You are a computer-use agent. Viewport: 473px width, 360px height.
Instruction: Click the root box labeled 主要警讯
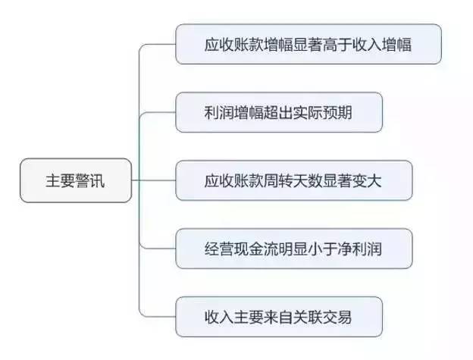(x=76, y=180)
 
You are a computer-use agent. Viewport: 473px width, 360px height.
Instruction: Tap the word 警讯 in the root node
(x=90, y=180)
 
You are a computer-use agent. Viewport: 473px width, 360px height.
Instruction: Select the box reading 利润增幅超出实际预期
(x=279, y=112)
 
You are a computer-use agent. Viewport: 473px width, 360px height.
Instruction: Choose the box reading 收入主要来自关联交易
(x=279, y=317)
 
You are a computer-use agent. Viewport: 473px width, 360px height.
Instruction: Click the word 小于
(x=322, y=249)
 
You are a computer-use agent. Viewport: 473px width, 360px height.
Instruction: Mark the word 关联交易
(x=322, y=318)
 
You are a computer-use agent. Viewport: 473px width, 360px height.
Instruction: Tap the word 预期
(x=337, y=112)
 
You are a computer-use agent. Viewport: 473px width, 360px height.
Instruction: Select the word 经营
(x=220, y=249)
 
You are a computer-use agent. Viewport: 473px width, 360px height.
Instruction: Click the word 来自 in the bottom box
(x=278, y=318)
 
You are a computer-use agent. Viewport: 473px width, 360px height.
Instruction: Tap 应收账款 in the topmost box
(x=234, y=44)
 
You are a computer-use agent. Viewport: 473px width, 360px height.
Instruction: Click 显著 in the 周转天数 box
(x=337, y=180)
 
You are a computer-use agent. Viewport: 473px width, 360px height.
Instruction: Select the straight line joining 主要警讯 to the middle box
(x=154, y=180)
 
